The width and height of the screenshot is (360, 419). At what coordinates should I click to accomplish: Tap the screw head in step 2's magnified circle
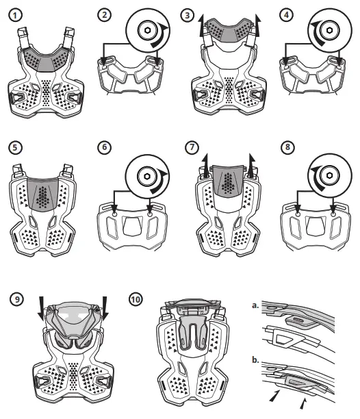[146, 31]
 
